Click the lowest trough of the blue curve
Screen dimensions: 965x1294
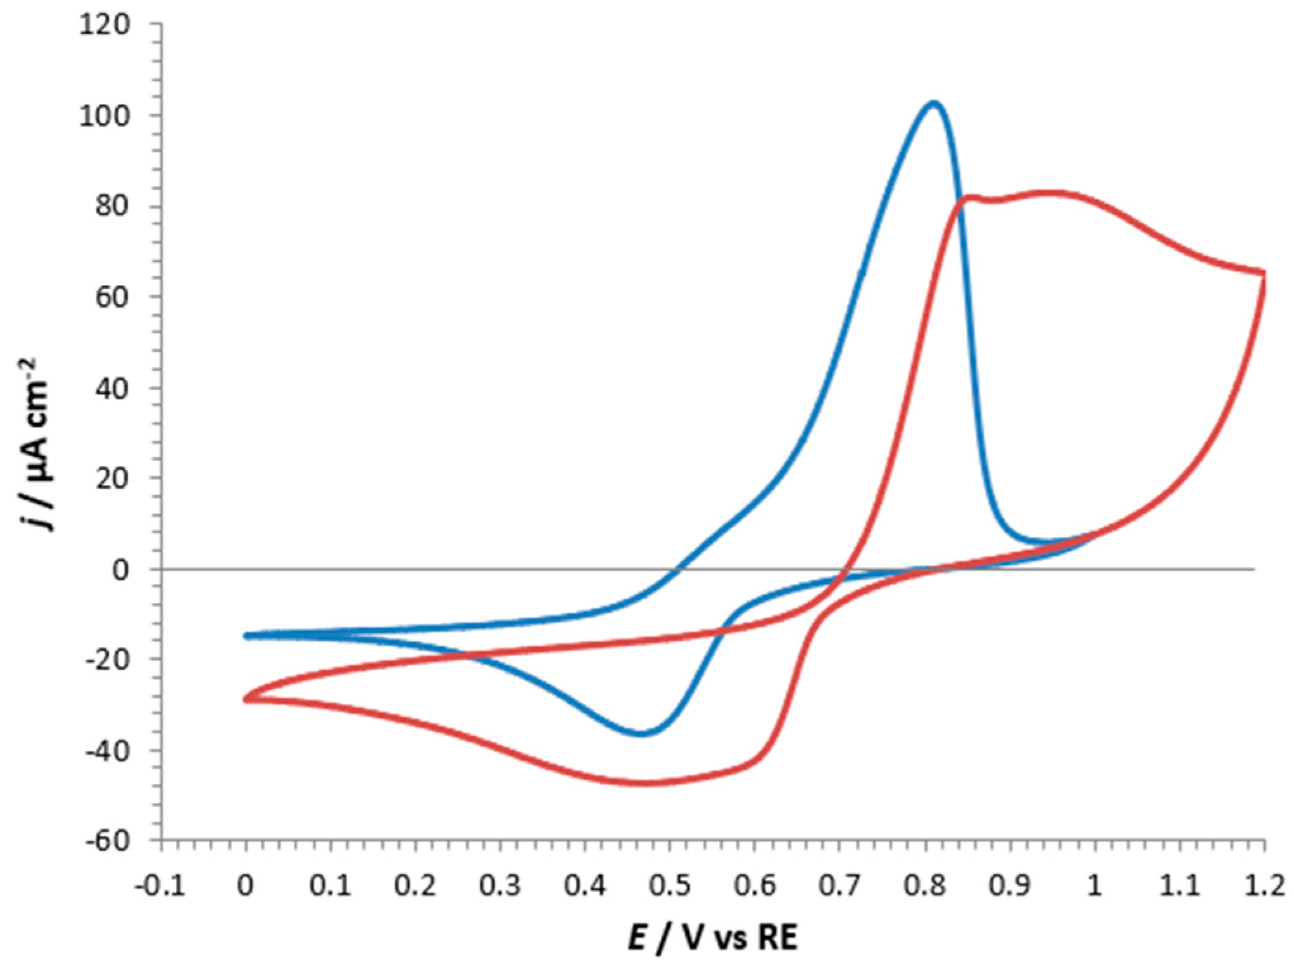click(641, 733)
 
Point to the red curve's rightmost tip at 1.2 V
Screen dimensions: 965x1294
click(1264, 274)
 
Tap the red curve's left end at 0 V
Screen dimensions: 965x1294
click(247, 699)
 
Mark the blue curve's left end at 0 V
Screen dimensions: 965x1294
click(247, 635)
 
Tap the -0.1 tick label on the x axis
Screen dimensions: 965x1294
click(160, 885)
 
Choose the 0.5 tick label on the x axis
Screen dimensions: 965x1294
click(670, 885)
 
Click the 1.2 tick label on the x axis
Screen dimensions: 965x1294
click(1264, 885)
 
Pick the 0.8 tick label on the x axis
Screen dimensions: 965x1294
click(925, 885)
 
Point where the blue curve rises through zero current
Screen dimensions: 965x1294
click(677, 569)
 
